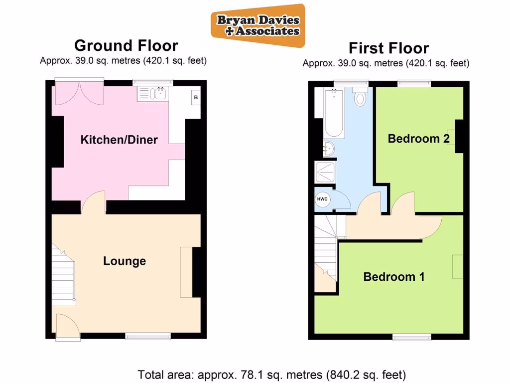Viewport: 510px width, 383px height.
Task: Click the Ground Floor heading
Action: point(126,45)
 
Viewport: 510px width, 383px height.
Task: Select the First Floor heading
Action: point(388,48)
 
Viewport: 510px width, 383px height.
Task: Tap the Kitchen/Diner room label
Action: point(119,140)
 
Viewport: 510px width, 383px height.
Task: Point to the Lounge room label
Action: point(125,261)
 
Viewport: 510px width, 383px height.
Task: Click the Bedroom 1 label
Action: point(394,277)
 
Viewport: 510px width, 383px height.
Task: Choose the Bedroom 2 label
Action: point(419,139)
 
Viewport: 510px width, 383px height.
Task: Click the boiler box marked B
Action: point(196,98)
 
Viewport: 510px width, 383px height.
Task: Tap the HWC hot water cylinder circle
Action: point(322,199)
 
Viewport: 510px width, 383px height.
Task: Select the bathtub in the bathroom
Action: point(333,114)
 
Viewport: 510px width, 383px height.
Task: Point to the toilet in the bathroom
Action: point(360,97)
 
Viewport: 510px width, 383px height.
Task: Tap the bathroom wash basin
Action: point(328,147)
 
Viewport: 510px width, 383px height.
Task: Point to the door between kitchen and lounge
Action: point(93,204)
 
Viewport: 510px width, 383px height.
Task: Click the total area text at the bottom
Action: point(271,374)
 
